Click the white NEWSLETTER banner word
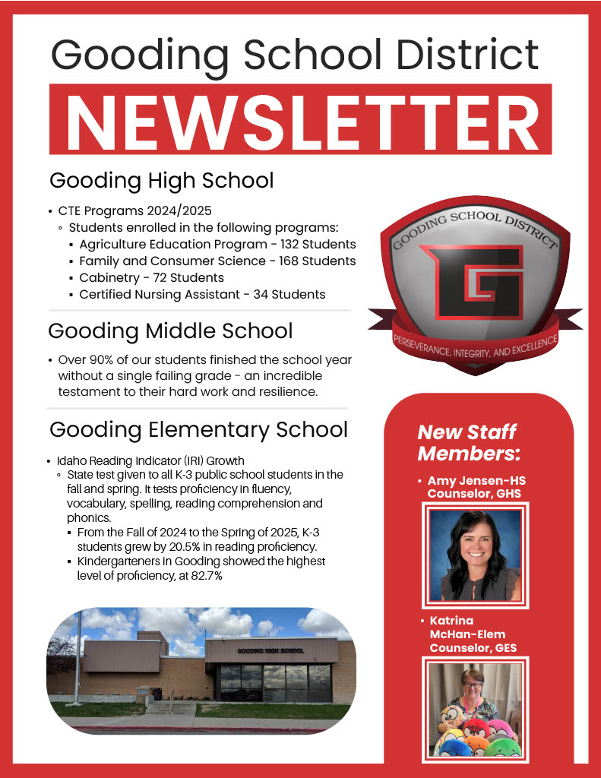pos(300,119)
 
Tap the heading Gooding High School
pos(161,181)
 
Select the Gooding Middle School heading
pos(170,331)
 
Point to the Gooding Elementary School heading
pos(198,429)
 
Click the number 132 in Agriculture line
pos(294,245)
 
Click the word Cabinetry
pos(109,278)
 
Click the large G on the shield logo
pos(473,282)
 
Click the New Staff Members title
pos(468,443)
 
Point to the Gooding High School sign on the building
pos(270,651)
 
